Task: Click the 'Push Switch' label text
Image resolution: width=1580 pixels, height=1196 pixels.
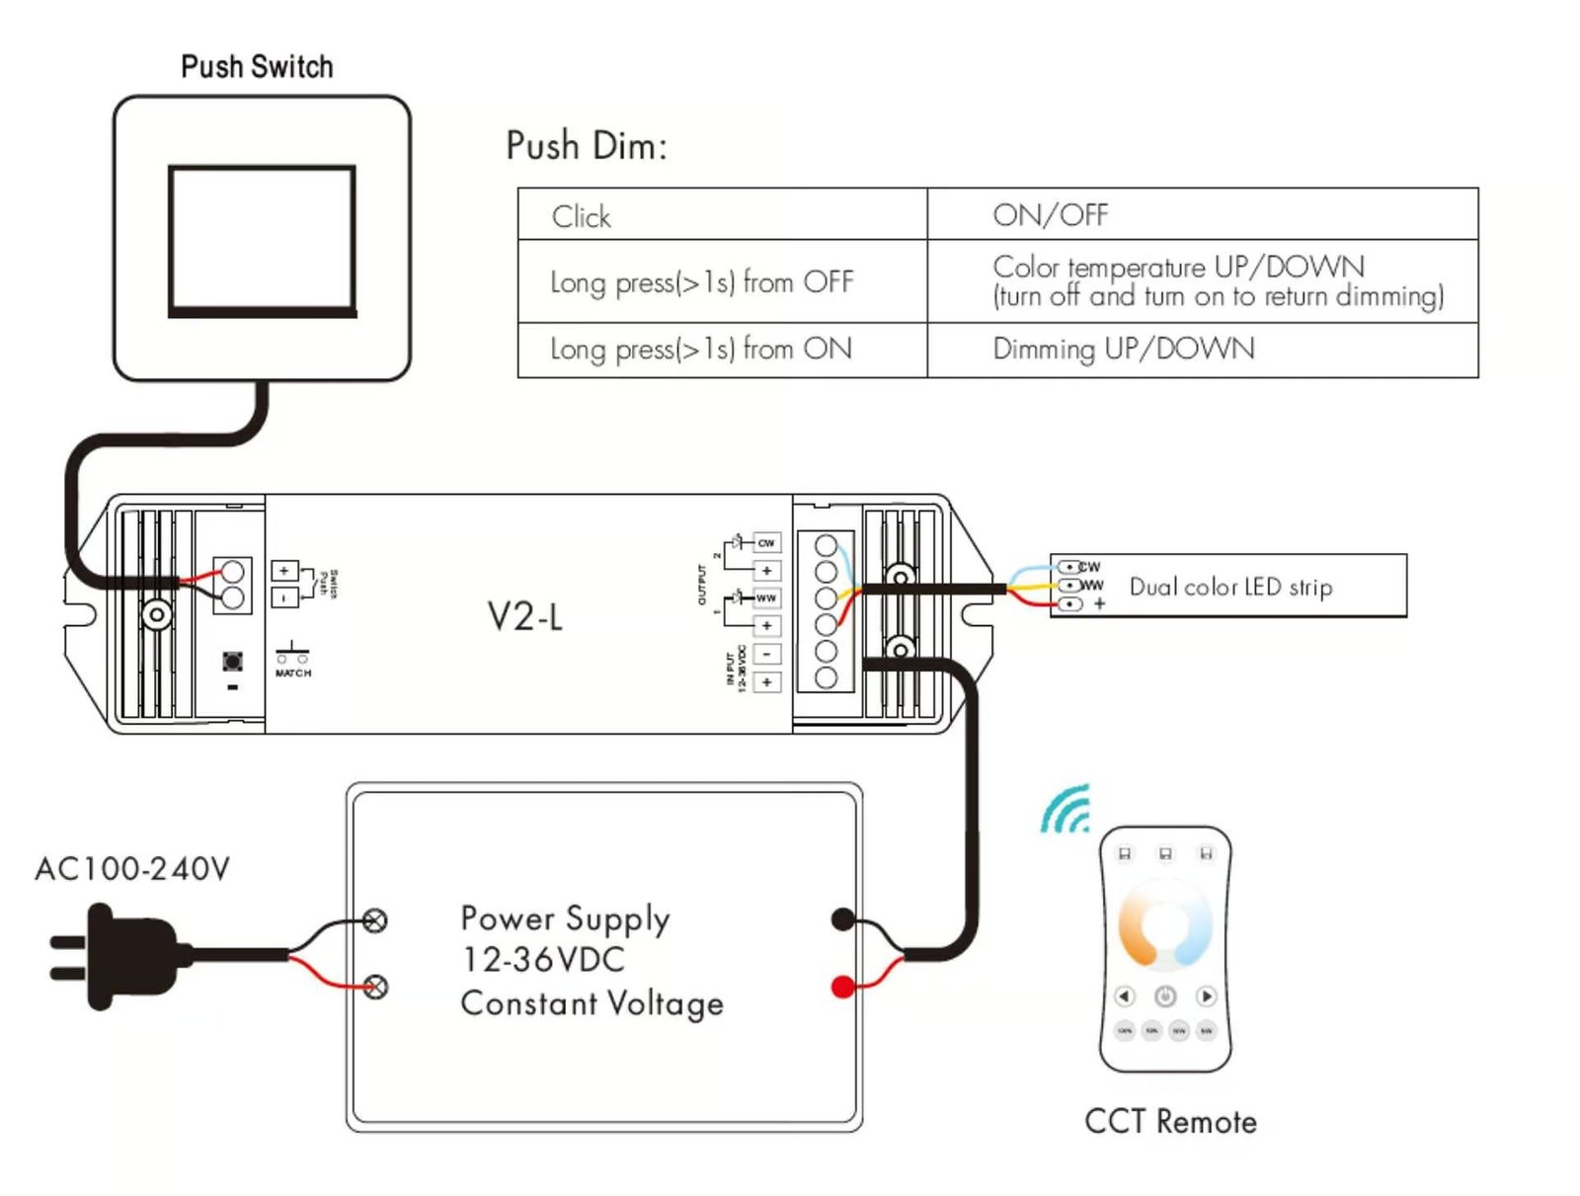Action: pyautogui.click(x=257, y=67)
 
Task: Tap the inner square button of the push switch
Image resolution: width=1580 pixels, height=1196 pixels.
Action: pyautogui.click(x=262, y=240)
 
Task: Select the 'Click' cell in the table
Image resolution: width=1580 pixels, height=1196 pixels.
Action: pyautogui.click(x=581, y=216)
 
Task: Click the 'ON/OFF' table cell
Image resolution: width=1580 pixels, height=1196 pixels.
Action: pyautogui.click(x=1050, y=215)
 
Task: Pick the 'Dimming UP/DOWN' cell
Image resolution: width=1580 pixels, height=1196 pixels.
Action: pyautogui.click(x=1123, y=349)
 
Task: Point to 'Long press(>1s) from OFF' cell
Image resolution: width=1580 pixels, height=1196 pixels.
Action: pyautogui.click(x=701, y=282)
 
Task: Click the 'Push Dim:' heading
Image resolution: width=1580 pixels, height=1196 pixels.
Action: pyautogui.click(x=587, y=146)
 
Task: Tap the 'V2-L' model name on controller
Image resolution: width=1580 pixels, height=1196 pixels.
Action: pyautogui.click(x=525, y=617)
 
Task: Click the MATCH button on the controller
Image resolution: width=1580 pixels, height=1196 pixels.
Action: pyautogui.click(x=233, y=661)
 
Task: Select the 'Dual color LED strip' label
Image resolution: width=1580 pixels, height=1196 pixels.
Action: pyautogui.click(x=1230, y=587)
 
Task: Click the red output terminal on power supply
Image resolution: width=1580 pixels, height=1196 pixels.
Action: pyautogui.click(x=842, y=986)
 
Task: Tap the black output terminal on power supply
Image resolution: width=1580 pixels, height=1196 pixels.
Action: pyautogui.click(x=842, y=919)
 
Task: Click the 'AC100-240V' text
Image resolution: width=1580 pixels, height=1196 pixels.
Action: pyautogui.click(x=132, y=869)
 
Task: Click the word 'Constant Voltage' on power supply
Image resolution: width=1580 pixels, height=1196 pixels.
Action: pyautogui.click(x=592, y=1003)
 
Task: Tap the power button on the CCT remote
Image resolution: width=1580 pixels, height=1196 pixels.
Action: pyautogui.click(x=1165, y=996)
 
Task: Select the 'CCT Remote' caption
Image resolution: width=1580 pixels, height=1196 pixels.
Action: pyautogui.click(x=1170, y=1122)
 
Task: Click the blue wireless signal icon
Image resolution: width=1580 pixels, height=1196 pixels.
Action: pyautogui.click(x=1066, y=810)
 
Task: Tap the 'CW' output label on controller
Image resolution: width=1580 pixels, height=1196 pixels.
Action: pyautogui.click(x=766, y=543)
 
